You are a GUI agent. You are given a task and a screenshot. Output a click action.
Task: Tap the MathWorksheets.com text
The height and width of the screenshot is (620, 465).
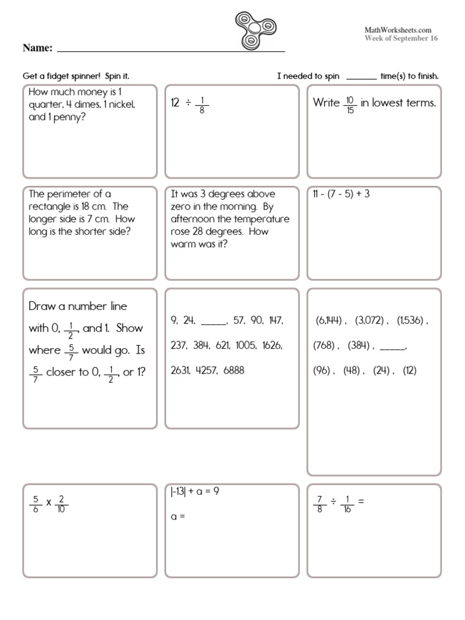(397, 30)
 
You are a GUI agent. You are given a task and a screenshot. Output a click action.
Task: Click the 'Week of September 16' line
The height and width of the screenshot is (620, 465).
(401, 38)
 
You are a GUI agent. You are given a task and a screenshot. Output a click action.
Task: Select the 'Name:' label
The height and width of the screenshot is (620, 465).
(38, 48)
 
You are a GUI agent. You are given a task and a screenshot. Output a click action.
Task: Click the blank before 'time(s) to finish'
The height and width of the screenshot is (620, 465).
(361, 77)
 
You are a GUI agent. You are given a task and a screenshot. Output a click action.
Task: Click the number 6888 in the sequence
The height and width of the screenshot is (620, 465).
(234, 370)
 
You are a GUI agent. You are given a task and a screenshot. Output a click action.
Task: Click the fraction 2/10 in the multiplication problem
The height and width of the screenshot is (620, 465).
(62, 504)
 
